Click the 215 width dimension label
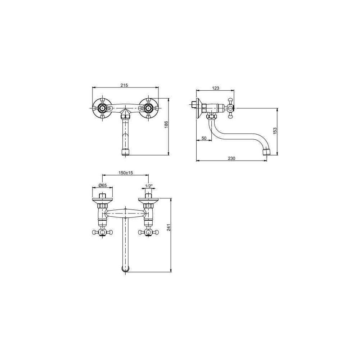click(124, 85)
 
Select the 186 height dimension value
click(166, 125)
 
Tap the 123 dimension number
click(216, 88)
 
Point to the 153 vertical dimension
click(275, 130)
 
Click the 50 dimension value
click(204, 138)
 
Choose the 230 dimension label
click(231, 158)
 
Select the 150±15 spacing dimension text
click(126, 173)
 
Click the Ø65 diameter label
click(102, 185)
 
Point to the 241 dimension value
click(169, 227)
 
